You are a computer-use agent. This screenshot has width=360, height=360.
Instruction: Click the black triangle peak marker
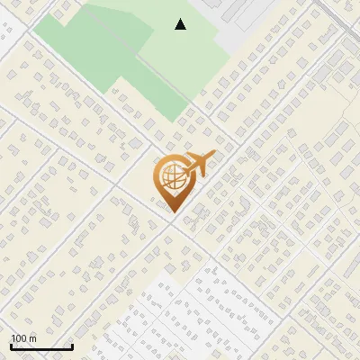tap(181, 24)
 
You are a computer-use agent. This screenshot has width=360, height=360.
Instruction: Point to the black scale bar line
tap(41, 346)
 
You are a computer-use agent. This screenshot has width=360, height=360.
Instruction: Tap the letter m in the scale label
tap(33, 338)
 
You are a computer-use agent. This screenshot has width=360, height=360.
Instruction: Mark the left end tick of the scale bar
tap(11, 345)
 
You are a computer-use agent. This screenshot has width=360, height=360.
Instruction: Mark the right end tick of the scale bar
tap(72, 345)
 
